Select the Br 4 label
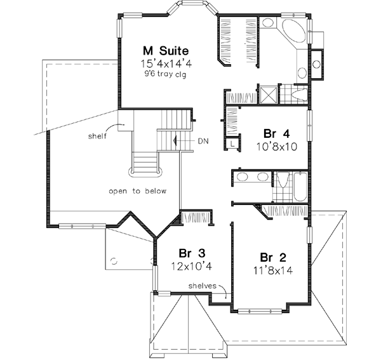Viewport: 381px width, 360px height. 277,133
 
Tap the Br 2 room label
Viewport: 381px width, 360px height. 273,257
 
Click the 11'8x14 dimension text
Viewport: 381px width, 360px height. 273,269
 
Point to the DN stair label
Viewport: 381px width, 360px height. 204,140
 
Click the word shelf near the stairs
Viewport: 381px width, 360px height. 98,135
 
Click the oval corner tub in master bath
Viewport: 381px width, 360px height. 293,31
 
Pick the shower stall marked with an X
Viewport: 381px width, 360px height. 269,94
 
